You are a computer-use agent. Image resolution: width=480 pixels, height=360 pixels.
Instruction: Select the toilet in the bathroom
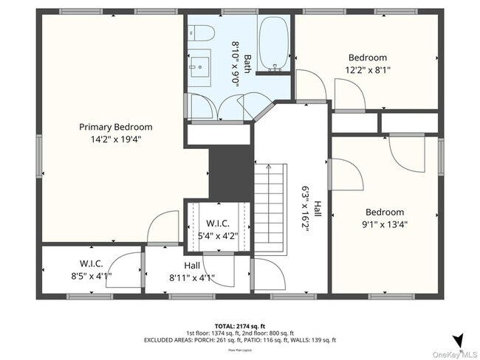(200, 33)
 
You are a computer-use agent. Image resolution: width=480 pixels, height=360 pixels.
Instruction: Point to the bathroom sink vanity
(198, 69)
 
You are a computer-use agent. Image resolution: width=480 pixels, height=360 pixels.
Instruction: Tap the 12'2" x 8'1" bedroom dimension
(367, 70)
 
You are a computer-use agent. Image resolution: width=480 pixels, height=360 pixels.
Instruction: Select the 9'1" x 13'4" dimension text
(384, 224)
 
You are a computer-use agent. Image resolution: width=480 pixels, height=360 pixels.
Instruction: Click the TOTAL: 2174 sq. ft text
(239, 325)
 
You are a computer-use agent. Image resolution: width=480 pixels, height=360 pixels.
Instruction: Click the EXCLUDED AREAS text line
(239, 340)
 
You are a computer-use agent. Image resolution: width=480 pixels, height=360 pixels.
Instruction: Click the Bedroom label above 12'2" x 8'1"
(367, 58)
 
